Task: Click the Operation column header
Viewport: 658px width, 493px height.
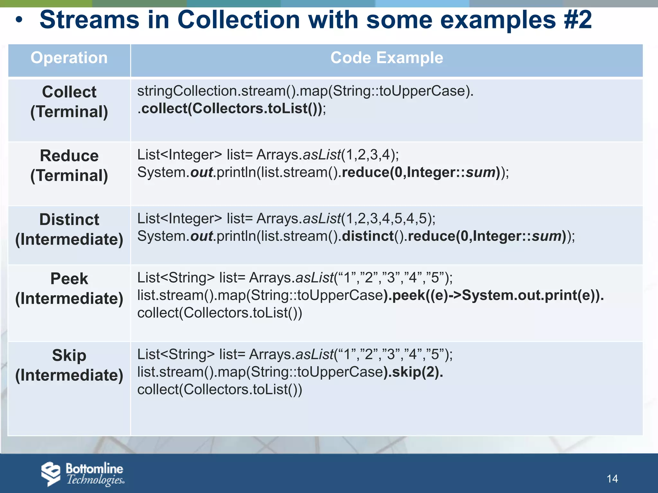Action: (69, 58)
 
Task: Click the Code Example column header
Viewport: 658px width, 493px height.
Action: (387, 58)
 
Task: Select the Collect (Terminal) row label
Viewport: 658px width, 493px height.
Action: (69, 102)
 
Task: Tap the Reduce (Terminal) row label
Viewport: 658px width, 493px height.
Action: (69, 166)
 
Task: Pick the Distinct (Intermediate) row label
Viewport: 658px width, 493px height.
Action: (69, 229)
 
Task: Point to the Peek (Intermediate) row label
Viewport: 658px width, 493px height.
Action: (69, 289)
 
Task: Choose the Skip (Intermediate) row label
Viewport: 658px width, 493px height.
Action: (69, 365)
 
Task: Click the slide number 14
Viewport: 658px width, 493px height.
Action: (612, 479)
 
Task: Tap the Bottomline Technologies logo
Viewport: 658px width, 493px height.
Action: (83, 474)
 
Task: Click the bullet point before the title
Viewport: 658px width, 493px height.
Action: (19, 20)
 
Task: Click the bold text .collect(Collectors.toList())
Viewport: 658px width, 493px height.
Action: (231, 108)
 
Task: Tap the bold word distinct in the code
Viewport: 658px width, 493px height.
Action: (368, 236)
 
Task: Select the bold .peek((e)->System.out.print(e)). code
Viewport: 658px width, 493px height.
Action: (495, 295)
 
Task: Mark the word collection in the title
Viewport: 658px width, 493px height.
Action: (239, 20)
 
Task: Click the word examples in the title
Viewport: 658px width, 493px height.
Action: (498, 20)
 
